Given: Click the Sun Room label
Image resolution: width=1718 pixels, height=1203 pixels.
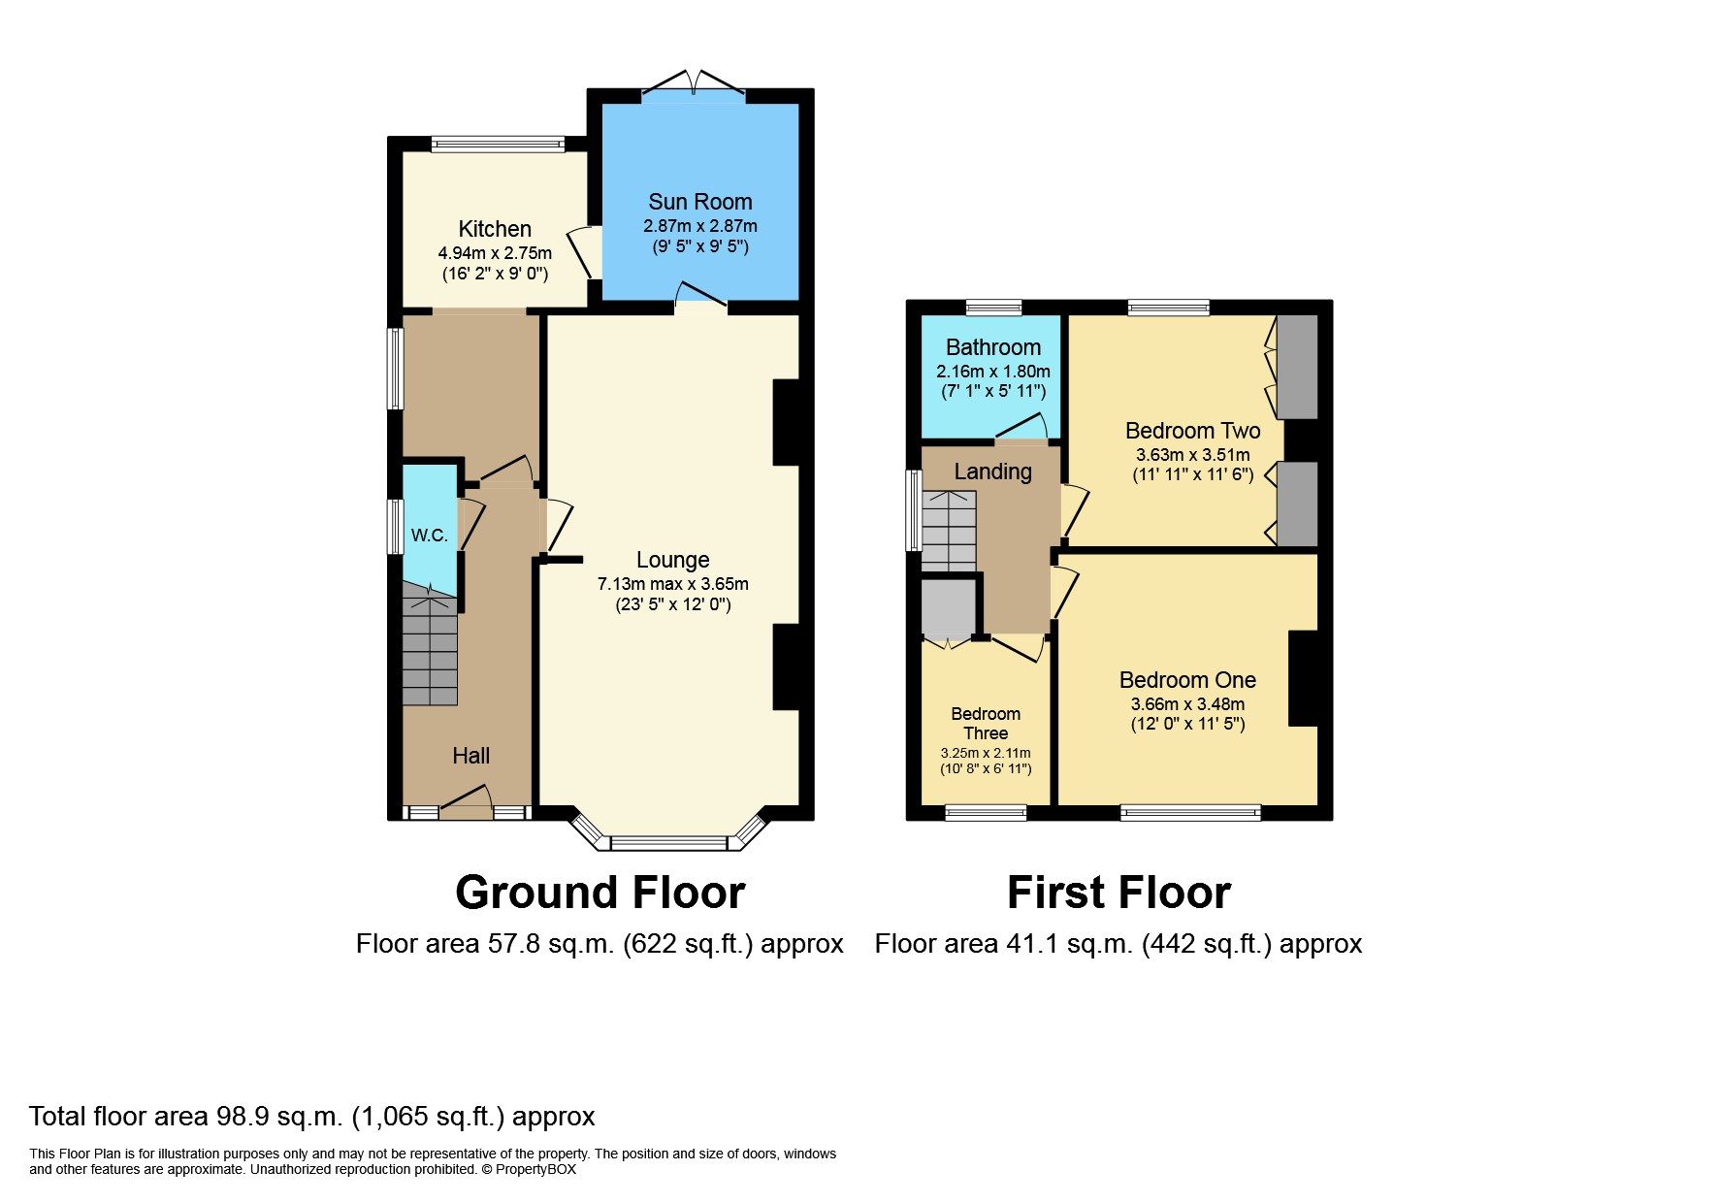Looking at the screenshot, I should (x=699, y=202).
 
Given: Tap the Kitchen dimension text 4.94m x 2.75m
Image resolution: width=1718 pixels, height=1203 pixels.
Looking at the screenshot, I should (x=495, y=253).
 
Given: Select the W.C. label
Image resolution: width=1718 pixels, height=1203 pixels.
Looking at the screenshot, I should (x=429, y=535).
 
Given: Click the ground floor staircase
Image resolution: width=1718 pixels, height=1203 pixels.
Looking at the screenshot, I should (x=430, y=650).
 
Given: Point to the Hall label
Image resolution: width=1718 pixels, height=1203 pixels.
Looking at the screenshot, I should (x=470, y=756).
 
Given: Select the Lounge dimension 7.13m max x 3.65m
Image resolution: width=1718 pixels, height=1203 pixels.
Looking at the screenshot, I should (x=672, y=584).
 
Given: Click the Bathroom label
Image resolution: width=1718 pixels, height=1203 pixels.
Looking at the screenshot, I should (x=992, y=347).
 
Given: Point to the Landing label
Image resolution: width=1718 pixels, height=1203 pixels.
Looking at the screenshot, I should (x=992, y=471).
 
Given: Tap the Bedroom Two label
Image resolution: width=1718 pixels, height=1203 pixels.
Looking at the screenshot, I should (x=1192, y=431).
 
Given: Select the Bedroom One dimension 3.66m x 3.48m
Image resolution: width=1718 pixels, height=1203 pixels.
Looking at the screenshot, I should (x=1187, y=704).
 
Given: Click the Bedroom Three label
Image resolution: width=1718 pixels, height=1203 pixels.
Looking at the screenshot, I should (x=985, y=724).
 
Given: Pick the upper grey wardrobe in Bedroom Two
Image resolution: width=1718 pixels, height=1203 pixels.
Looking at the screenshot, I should (x=1297, y=366).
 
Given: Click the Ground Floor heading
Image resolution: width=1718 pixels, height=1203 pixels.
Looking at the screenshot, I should (x=600, y=893).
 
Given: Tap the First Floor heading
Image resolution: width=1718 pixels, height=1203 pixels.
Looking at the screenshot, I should (x=1118, y=893).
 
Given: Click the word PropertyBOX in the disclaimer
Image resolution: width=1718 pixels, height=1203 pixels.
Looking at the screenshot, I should (x=535, y=1169).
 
